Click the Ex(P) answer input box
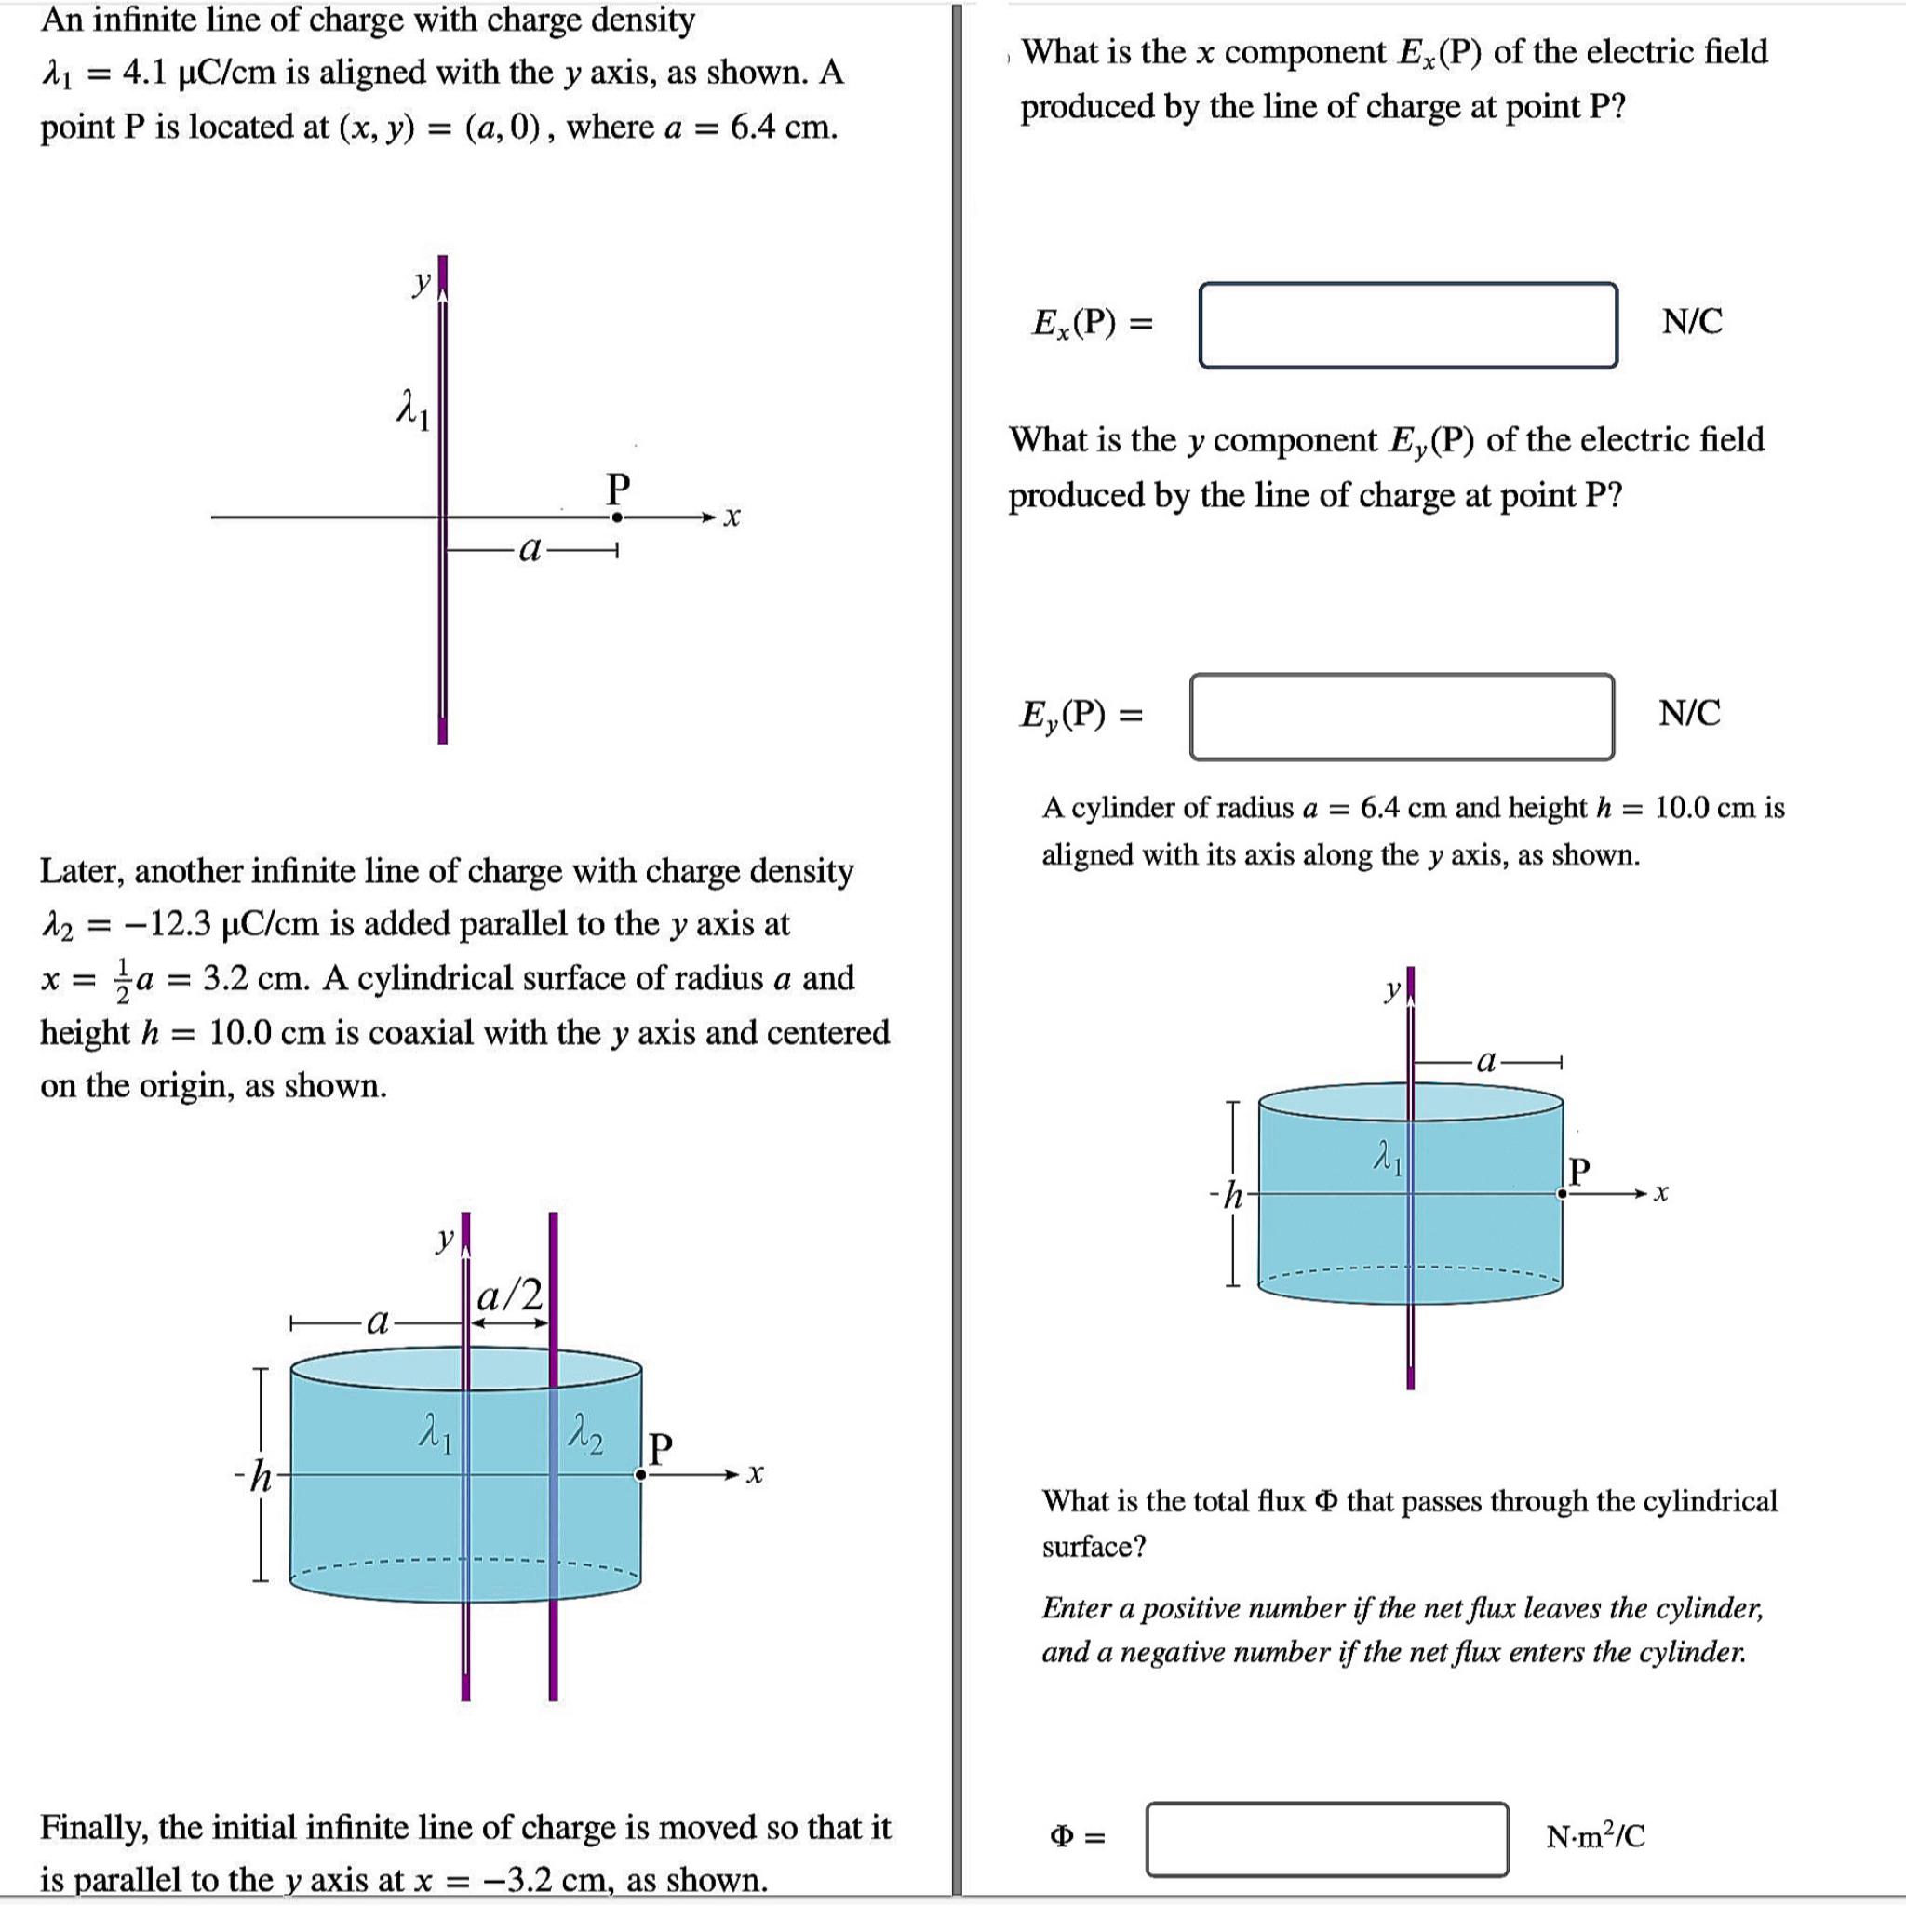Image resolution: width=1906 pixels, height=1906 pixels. coord(1407,325)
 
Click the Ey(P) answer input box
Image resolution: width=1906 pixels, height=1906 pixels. coord(1401,717)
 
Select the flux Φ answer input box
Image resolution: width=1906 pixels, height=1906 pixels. coord(1326,1838)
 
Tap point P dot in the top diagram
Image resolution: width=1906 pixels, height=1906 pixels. coord(617,517)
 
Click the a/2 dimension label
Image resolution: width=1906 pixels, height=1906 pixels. coord(509,1295)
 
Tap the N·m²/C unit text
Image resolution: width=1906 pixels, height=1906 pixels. coord(1595,1837)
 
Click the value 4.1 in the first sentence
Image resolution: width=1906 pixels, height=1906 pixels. coord(147,73)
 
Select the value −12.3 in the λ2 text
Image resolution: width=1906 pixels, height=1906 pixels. coord(167,924)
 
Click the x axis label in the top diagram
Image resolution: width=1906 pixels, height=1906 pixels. coord(731,517)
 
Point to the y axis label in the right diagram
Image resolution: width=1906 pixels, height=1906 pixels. coord(1392,989)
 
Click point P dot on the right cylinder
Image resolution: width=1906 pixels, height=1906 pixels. coord(1562,1194)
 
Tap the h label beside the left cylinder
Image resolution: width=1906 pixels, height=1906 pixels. coord(261,1477)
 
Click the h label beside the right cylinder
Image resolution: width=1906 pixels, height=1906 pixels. coord(1231,1196)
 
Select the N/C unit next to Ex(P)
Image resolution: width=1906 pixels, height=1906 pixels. coord(1692,322)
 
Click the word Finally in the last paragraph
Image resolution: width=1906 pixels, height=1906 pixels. coord(93,1828)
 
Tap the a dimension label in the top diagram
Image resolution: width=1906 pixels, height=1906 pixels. coord(530,549)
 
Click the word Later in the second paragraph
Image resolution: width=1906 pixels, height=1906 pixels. coord(82,871)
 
